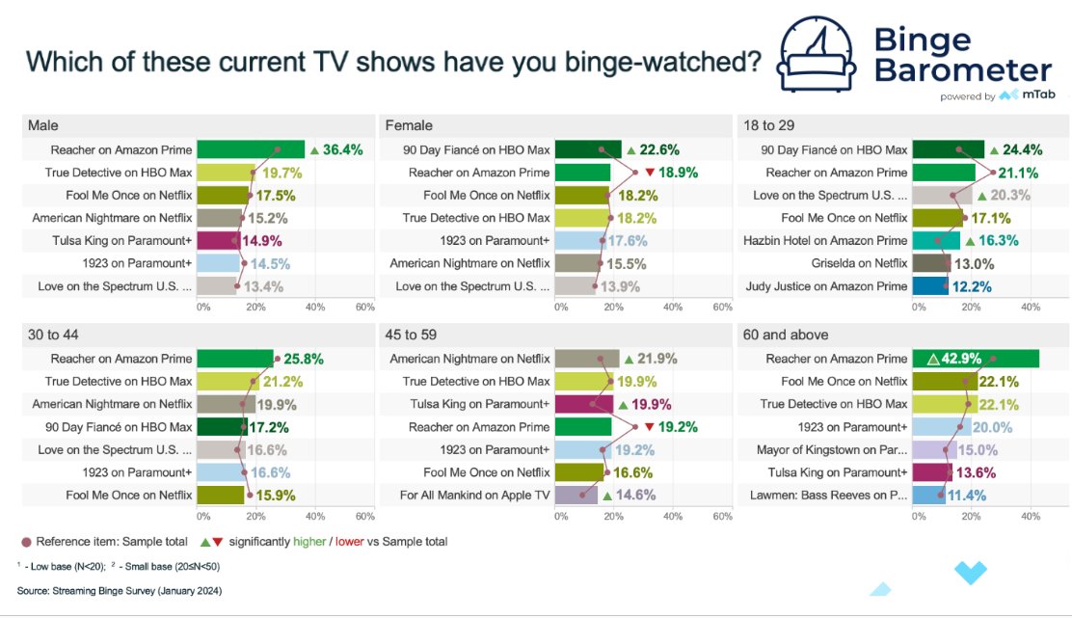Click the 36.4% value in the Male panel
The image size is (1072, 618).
coord(342,149)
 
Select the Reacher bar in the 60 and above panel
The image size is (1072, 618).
coord(975,359)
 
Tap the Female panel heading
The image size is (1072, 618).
coord(409,125)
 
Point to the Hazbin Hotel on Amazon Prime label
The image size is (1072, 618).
coord(825,240)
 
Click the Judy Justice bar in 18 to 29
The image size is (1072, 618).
coord(929,285)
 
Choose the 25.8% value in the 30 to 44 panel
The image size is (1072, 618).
coord(304,359)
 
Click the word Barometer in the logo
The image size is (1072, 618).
coord(962,69)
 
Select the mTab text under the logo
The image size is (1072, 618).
coord(1037,95)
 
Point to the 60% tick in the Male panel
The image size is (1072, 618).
coord(364,307)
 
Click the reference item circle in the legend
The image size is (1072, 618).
coord(26,541)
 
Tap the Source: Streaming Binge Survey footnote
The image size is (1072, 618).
coord(120,589)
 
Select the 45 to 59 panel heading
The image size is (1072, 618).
coord(411,335)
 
